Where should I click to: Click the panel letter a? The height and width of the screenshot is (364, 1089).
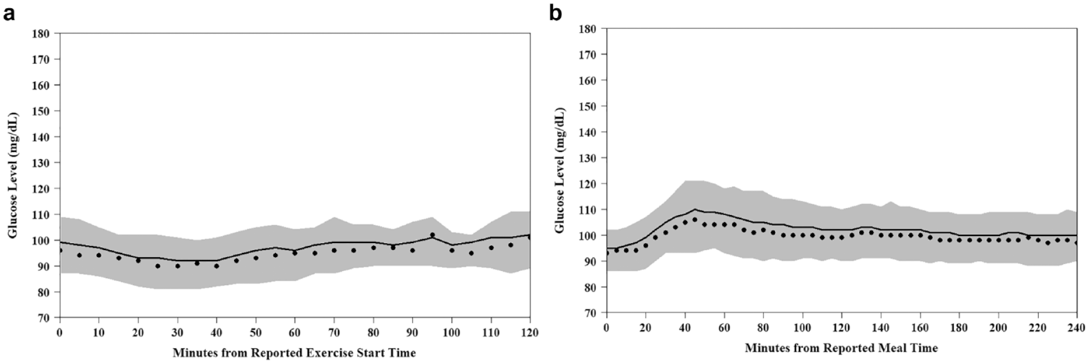9,14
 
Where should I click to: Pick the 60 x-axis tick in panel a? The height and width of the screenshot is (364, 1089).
294,332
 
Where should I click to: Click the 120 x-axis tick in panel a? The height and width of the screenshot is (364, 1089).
530,332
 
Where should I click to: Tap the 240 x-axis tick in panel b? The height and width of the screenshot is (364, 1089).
1077,328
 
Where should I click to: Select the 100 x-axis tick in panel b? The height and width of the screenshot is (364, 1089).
802,328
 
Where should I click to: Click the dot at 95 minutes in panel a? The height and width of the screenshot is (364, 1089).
432,235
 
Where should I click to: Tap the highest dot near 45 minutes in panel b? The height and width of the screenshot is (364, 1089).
695,220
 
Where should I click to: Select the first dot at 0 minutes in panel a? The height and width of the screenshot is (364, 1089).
60,250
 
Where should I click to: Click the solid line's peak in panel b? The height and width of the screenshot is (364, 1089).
695,209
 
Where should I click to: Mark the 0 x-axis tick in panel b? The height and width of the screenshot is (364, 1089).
606,328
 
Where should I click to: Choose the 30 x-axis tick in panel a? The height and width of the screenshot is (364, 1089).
177,332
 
